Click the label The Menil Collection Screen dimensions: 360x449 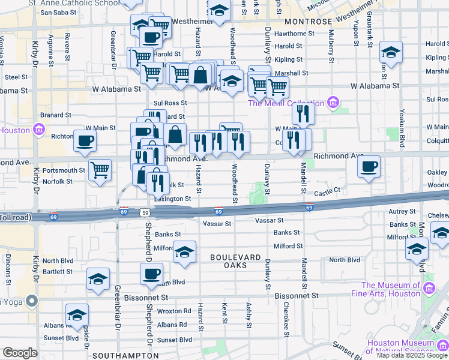(287, 103)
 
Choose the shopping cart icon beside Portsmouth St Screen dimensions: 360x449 (99, 170)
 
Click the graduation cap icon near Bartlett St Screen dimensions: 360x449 (98, 279)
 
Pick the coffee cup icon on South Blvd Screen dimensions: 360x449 (151, 274)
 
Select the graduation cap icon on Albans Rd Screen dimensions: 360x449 (77, 315)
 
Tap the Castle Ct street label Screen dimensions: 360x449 (327, 190)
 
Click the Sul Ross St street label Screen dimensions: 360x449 (167, 103)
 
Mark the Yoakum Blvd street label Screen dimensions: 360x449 (402, 128)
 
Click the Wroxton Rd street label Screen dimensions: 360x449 (174, 311)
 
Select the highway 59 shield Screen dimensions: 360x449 (144, 212)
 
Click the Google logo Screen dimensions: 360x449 (20, 353)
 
